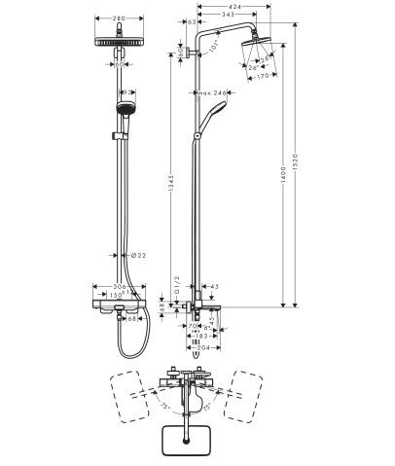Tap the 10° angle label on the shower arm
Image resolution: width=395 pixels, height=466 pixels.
[214, 52]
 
